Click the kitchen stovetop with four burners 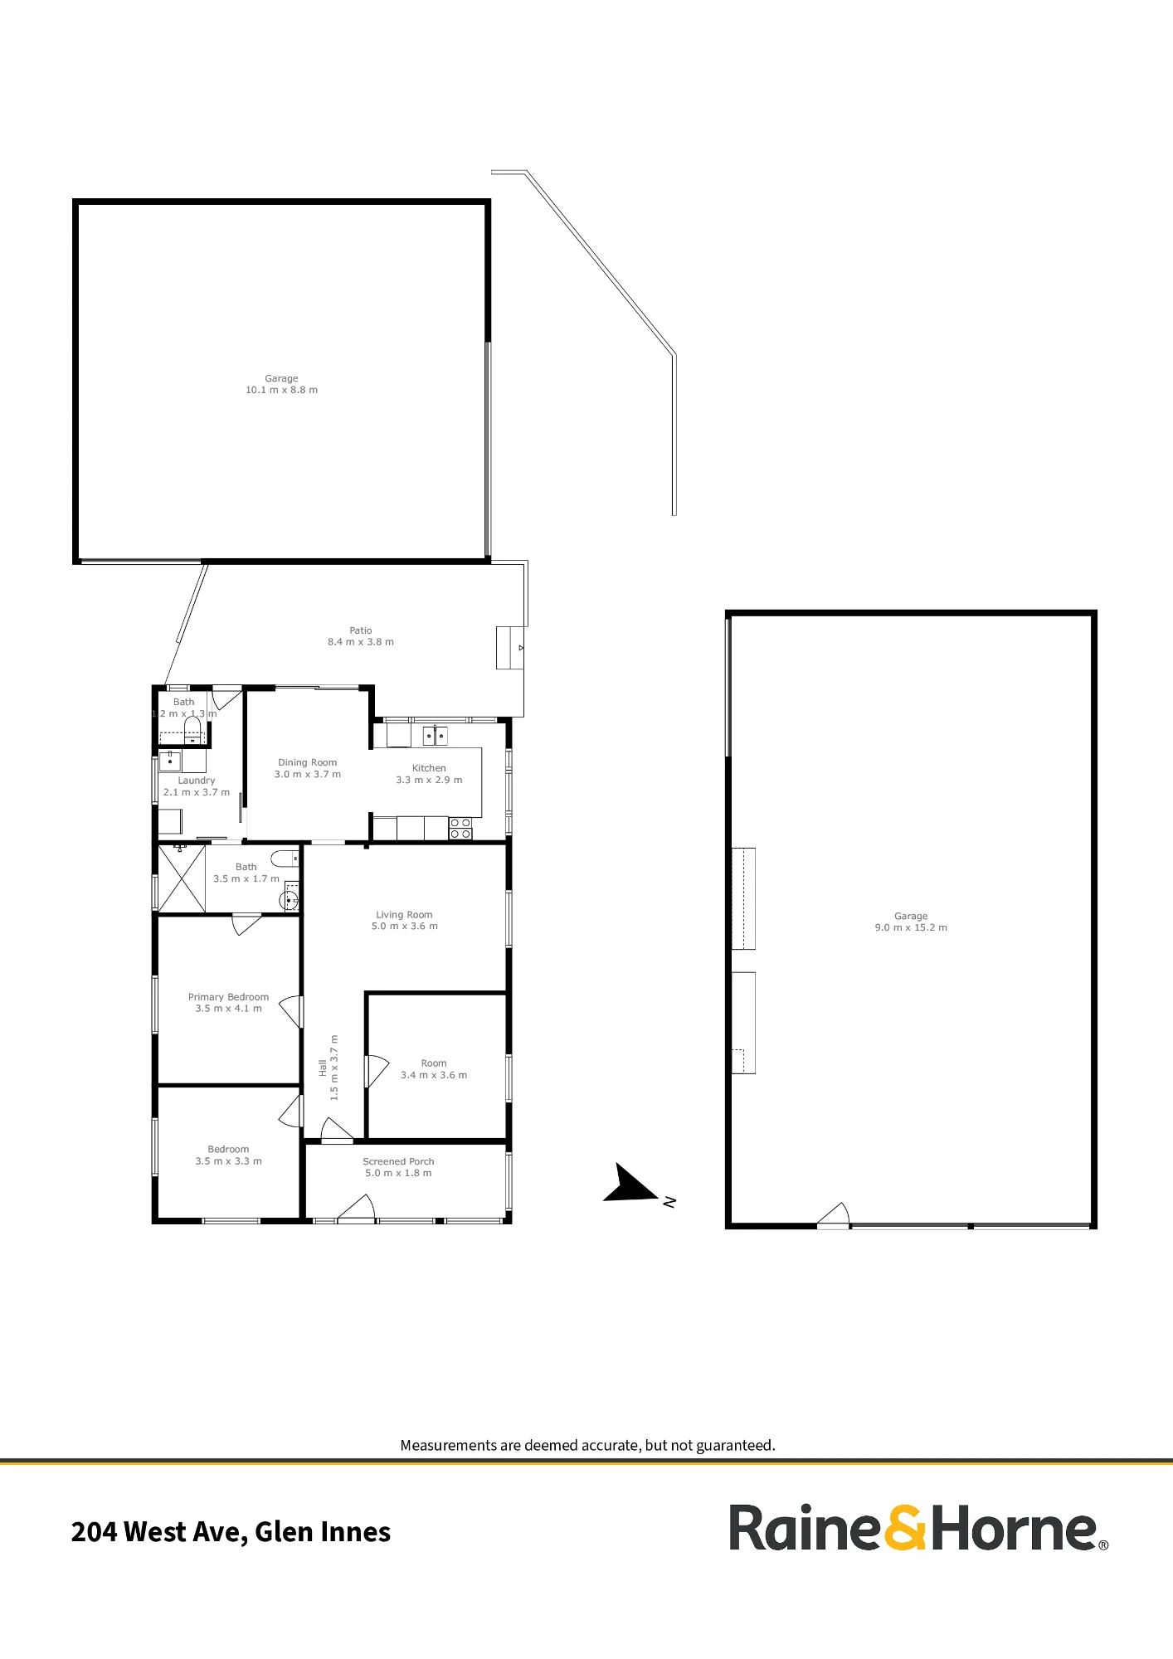click(x=460, y=828)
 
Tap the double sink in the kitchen click(x=436, y=735)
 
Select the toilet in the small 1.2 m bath click(x=192, y=728)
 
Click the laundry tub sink click(x=170, y=761)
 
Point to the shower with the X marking click(x=182, y=878)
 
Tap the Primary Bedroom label click(x=228, y=997)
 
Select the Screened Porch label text click(x=398, y=1161)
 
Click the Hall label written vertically click(x=323, y=1068)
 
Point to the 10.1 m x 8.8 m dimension click(x=281, y=390)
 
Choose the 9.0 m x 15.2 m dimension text click(x=911, y=927)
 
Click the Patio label click(x=361, y=630)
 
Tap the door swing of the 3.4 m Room click(x=377, y=1071)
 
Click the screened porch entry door click(x=357, y=1208)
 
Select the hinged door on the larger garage click(x=834, y=1214)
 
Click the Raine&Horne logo click(x=919, y=1528)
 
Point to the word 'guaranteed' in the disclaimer click(x=734, y=1445)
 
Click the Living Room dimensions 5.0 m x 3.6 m click(x=405, y=926)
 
